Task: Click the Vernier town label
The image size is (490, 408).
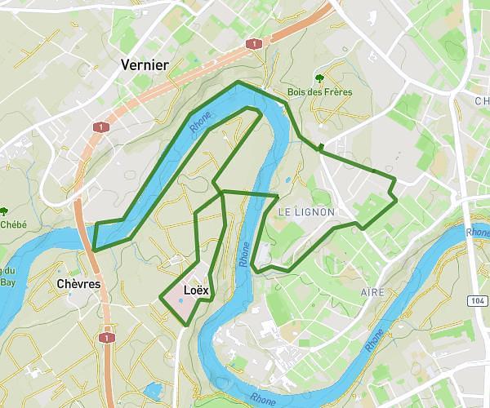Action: [x=144, y=64]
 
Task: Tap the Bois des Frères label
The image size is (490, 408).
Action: [x=320, y=92]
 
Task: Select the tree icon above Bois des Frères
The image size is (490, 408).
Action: [x=319, y=79]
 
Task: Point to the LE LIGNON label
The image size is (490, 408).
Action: [x=307, y=211]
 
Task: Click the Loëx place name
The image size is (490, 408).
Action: [x=197, y=290]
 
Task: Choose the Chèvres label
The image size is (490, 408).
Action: [x=79, y=284]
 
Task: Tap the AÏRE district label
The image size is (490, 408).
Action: [x=373, y=291]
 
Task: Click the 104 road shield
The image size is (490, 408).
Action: [x=476, y=300]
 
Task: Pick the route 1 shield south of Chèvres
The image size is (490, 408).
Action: [x=106, y=337]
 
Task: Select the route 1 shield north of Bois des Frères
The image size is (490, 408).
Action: [x=256, y=43]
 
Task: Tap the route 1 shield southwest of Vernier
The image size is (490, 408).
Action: [x=100, y=127]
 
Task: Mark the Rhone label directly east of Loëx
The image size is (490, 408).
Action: [x=244, y=253]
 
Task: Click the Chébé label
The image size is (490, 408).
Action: [x=13, y=224]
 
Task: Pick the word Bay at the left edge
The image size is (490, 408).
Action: [x=8, y=283]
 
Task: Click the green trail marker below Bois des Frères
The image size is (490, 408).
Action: [x=321, y=148]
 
